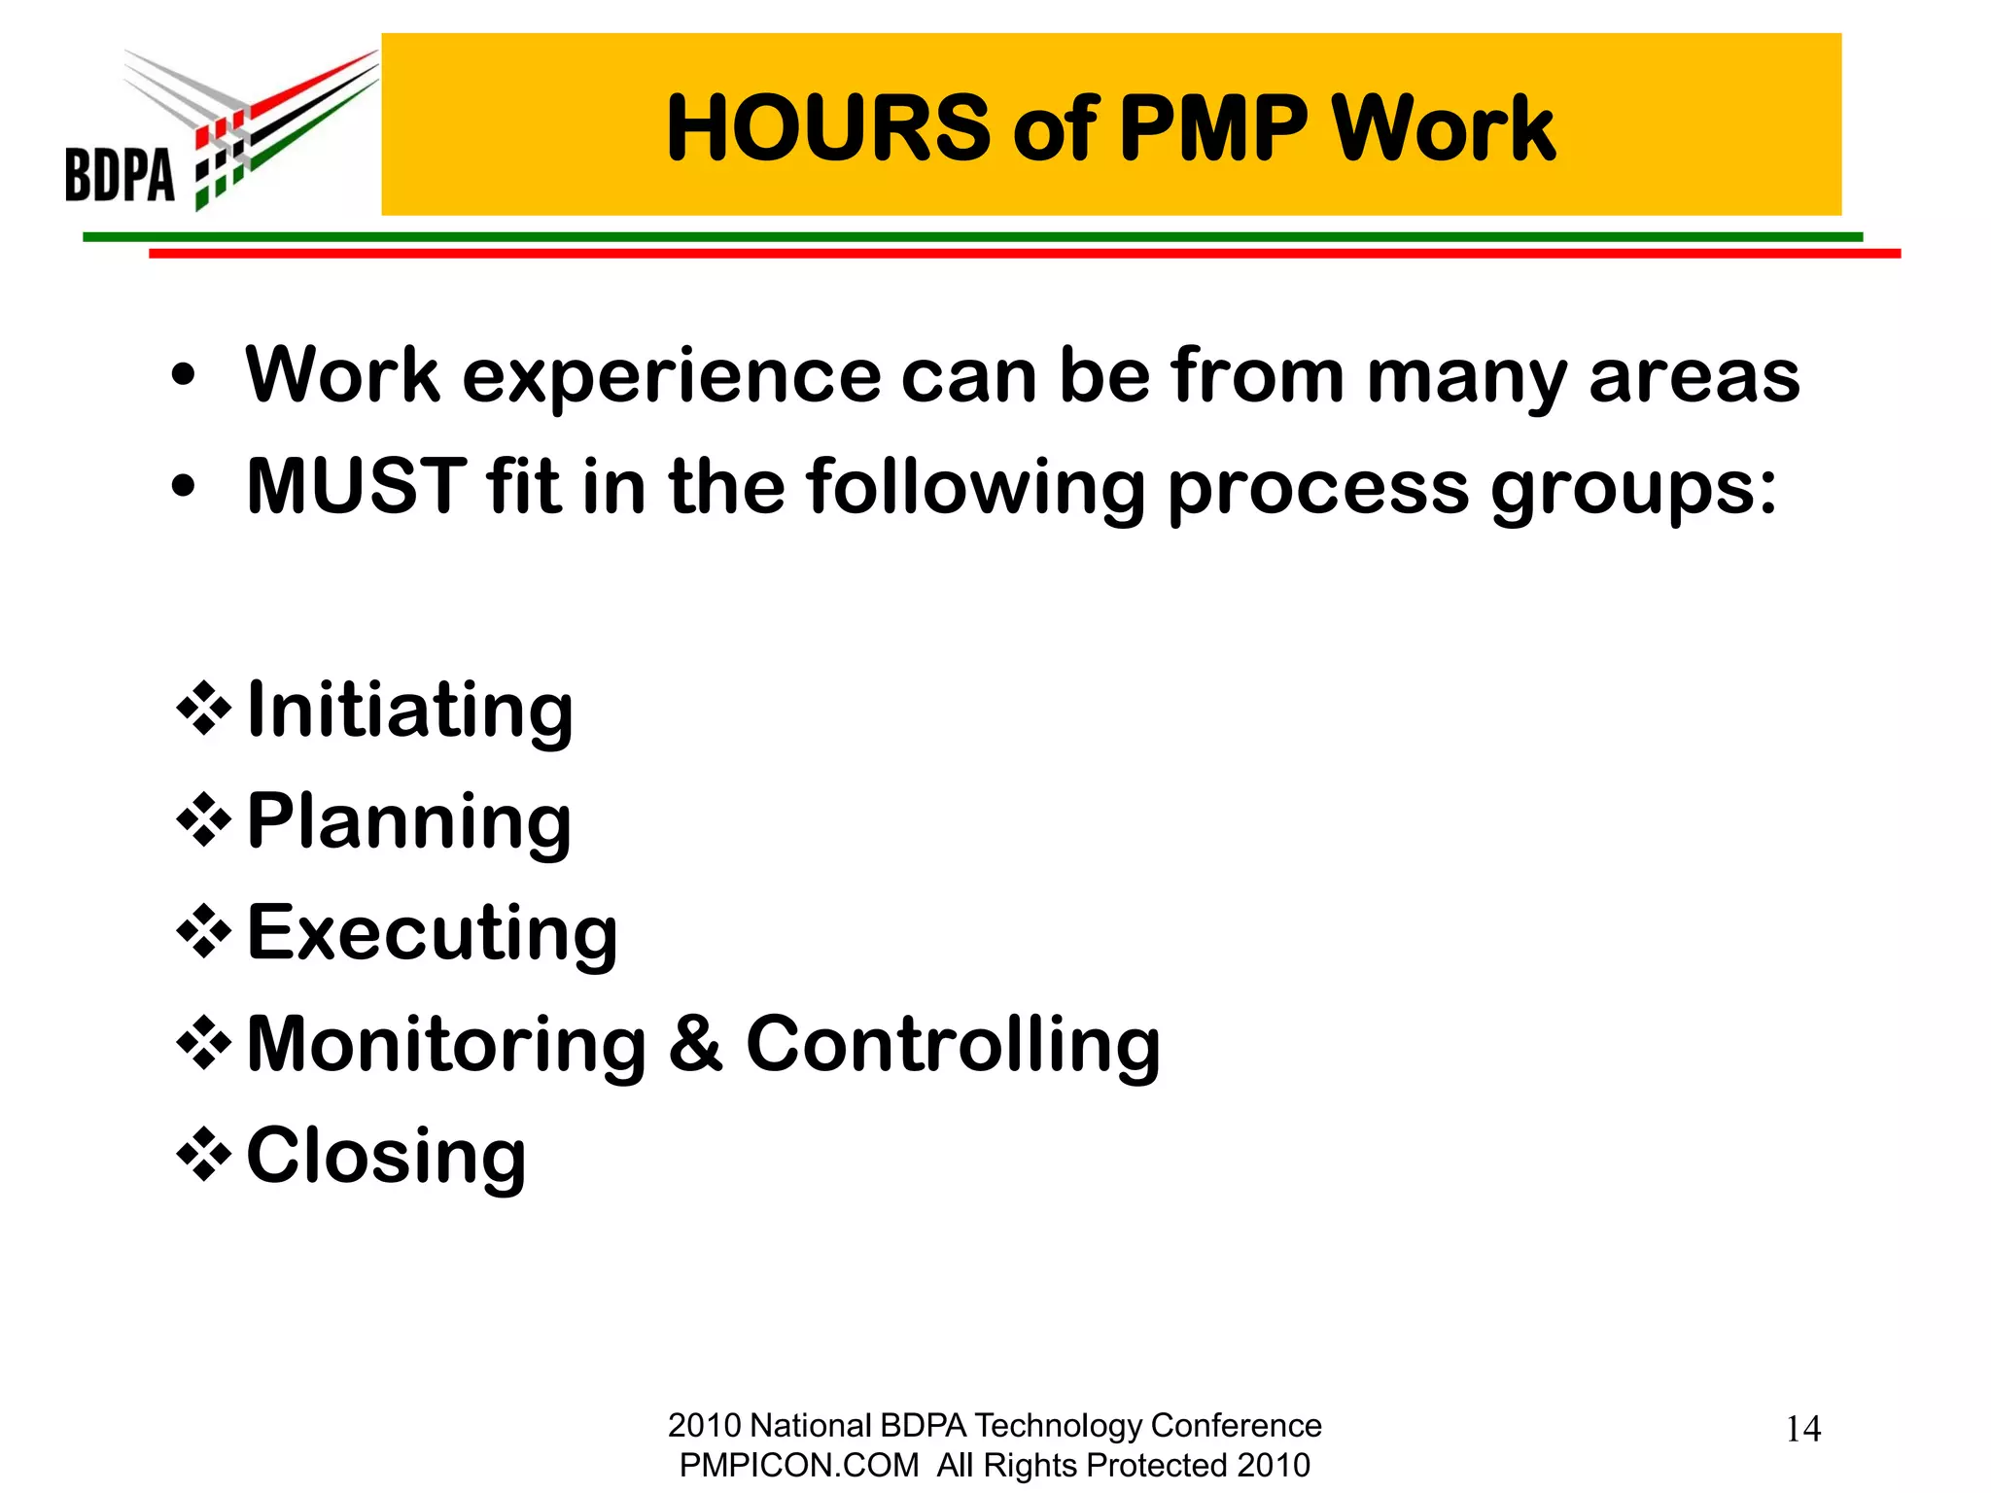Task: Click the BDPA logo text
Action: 120,175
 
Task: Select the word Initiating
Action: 410,711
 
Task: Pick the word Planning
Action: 409,822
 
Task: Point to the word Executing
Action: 433,933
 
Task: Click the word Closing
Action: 387,1157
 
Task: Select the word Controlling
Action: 953,1045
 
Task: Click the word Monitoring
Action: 447,1045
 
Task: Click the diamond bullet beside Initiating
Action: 203,711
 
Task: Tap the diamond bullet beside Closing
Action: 203,1155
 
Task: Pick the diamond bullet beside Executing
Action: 203,932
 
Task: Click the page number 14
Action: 1803,1429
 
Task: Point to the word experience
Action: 671,377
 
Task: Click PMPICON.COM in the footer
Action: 799,1465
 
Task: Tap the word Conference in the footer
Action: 1236,1425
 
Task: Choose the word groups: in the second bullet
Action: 1634,488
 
